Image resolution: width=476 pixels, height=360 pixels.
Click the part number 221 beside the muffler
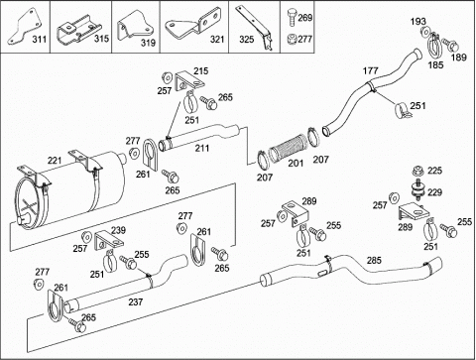[x=55, y=161]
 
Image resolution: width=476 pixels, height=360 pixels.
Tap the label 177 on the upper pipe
[x=370, y=70]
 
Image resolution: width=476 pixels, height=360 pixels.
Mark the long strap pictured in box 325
[x=254, y=27]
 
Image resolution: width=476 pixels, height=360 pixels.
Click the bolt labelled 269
[x=292, y=17]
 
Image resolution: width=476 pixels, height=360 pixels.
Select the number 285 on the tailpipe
[x=374, y=260]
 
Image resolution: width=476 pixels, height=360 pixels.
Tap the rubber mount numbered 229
[x=416, y=191]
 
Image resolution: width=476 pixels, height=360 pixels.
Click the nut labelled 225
[x=418, y=171]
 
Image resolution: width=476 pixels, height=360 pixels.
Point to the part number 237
[x=136, y=301]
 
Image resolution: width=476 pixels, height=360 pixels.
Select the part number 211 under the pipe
[x=202, y=148]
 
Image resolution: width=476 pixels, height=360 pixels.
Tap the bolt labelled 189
[x=450, y=46]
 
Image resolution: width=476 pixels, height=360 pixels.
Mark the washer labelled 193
[x=424, y=32]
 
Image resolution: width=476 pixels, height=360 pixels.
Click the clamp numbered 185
[x=435, y=45]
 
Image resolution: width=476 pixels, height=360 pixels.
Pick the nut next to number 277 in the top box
[x=292, y=39]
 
